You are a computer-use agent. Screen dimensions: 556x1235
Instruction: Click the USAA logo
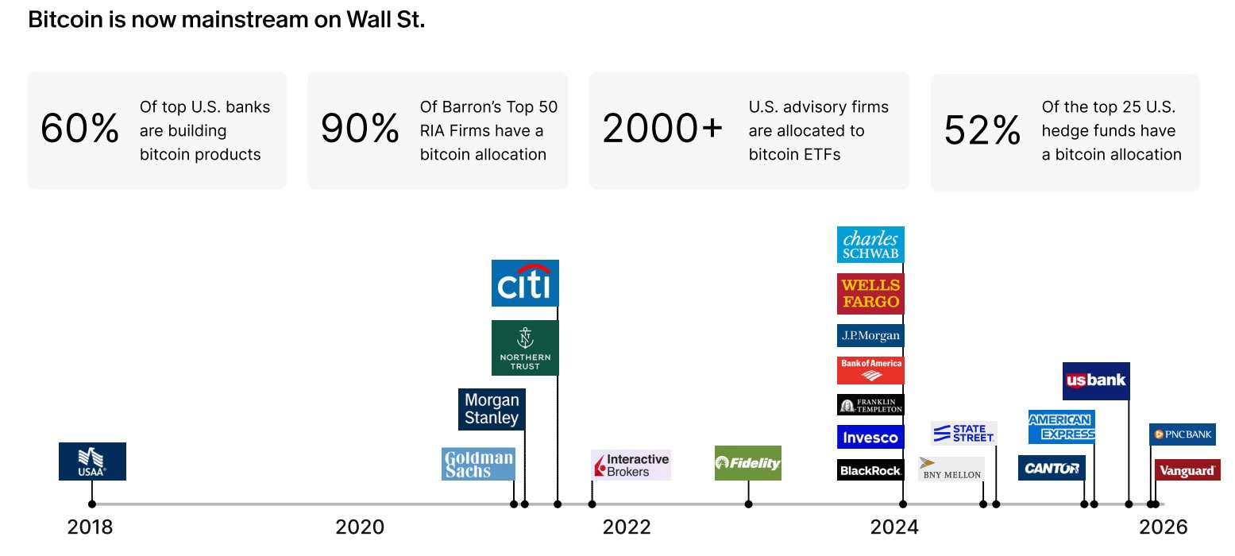[x=92, y=461]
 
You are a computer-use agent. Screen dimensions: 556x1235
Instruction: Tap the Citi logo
[x=525, y=283]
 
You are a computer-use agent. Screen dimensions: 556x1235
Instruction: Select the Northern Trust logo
[x=525, y=348]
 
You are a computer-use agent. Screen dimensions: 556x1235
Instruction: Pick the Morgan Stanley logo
[x=492, y=409]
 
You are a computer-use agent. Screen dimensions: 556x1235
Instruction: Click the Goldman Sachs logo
[x=478, y=464]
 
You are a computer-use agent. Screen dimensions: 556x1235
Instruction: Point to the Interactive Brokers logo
[x=631, y=465]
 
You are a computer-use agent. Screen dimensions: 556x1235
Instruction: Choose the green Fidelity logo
[x=747, y=463]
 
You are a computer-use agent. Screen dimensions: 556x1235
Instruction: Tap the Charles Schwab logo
[x=870, y=245]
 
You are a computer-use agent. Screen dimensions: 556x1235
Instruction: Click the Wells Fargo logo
[x=870, y=294]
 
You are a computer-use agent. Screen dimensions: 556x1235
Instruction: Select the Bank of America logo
[x=870, y=370]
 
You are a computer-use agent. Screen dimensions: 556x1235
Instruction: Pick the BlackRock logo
[x=870, y=470]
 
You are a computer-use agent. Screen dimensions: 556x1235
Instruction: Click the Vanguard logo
[x=1187, y=470]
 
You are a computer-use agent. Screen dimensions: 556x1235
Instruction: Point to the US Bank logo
[x=1096, y=380]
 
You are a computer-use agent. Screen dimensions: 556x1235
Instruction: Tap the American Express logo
[x=1062, y=427]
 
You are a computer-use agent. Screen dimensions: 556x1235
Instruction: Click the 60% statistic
[x=79, y=129]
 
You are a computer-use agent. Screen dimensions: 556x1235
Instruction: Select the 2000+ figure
[x=662, y=129]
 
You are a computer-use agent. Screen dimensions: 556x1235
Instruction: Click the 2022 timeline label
[x=626, y=527]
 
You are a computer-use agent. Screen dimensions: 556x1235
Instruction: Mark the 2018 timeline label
[x=90, y=527]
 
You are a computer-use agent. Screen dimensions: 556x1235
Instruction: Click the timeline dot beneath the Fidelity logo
[x=747, y=504]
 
